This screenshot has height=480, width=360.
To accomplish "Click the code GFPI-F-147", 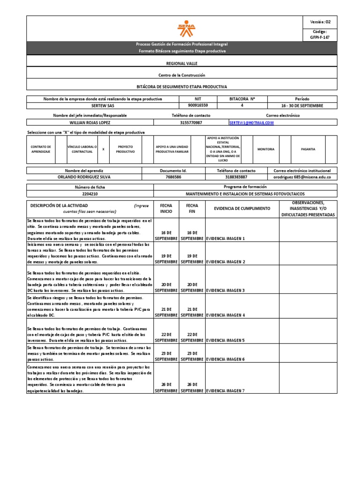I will click(x=320, y=36).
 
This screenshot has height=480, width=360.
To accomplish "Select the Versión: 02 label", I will click(x=321, y=22).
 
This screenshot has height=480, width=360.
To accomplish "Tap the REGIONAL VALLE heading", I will click(x=182, y=63).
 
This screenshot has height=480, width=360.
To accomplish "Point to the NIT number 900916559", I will click(x=198, y=106).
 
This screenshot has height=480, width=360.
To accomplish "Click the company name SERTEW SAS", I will click(x=103, y=106).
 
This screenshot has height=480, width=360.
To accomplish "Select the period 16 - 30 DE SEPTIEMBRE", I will click(x=302, y=106).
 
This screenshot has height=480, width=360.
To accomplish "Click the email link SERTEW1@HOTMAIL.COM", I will click(x=251, y=123).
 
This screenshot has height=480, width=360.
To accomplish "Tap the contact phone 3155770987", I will click(x=191, y=123).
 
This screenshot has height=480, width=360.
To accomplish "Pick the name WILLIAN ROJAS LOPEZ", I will click(x=90, y=123).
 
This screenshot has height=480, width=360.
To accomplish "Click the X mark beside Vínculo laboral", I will click(x=103, y=149).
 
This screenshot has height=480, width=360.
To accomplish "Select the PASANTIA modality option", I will click(x=308, y=149).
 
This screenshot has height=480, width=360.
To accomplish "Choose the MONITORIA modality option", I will click(x=266, y=149).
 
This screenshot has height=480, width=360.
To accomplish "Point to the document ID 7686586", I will click(x=173, y=177).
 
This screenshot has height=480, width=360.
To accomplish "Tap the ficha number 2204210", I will click(x=90, y=193).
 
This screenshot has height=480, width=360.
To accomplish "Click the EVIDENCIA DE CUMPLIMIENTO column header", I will click(x=242, y=208).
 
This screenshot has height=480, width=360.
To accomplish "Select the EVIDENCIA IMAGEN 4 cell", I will click(x=225, y=315).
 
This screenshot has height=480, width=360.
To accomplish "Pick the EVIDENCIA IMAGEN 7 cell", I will click(x=225, y=390).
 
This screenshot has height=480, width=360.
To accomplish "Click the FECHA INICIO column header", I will click(x=166, y=208).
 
